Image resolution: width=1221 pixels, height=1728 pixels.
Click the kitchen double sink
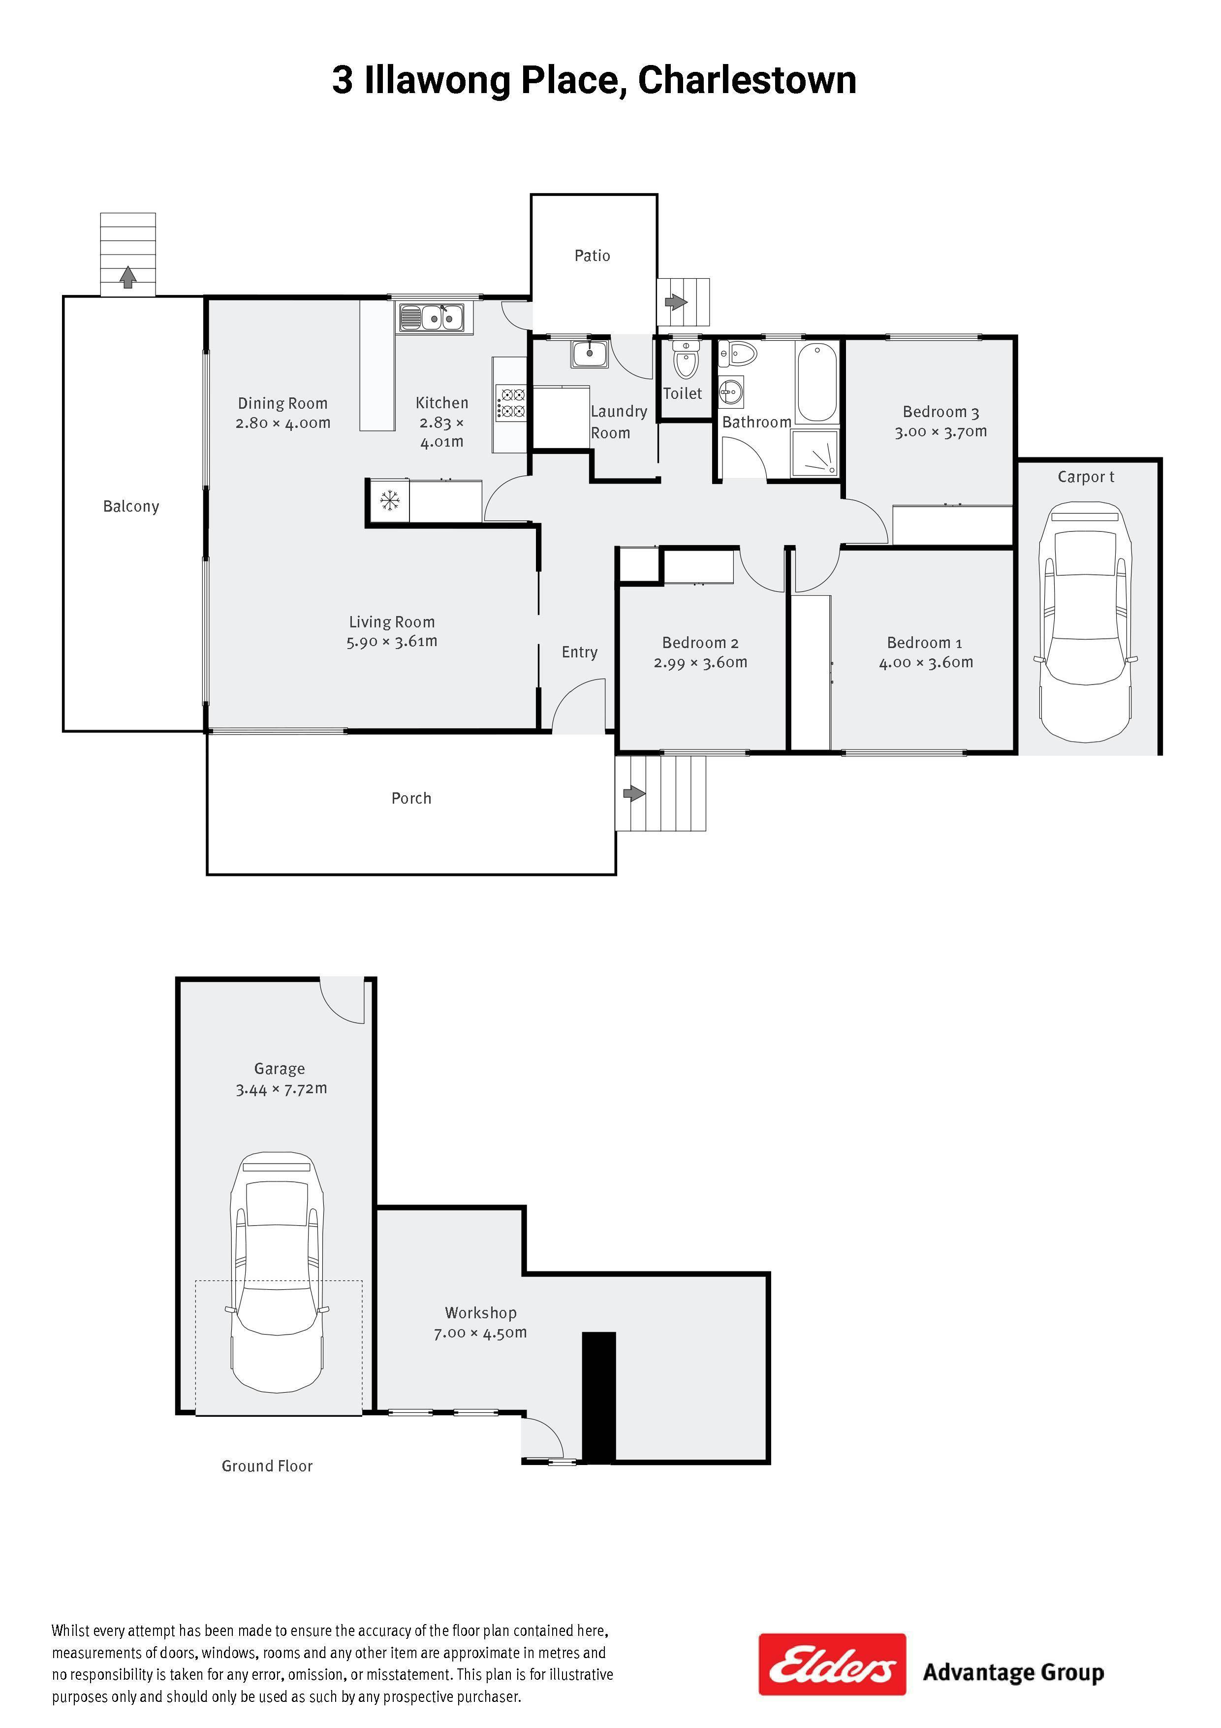pos(431,318)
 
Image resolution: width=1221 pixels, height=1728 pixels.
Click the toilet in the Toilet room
pos(685,359)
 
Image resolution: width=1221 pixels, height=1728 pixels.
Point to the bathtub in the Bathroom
pos(816,382)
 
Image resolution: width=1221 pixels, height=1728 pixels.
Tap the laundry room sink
pos(590,354)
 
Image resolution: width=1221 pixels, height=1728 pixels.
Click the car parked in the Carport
pos(1085,621)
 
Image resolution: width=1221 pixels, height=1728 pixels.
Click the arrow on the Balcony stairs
pos(128,277)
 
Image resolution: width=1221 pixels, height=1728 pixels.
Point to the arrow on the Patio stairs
pos(676,302)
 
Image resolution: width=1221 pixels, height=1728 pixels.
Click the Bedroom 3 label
pos(940,412)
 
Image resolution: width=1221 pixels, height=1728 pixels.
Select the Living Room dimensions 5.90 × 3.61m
pos(392,642)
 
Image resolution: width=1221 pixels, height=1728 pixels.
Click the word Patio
pos(592,256)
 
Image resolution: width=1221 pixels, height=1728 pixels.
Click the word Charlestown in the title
pos(747,81)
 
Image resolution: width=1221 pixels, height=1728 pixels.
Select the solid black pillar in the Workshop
pos(599,1398)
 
